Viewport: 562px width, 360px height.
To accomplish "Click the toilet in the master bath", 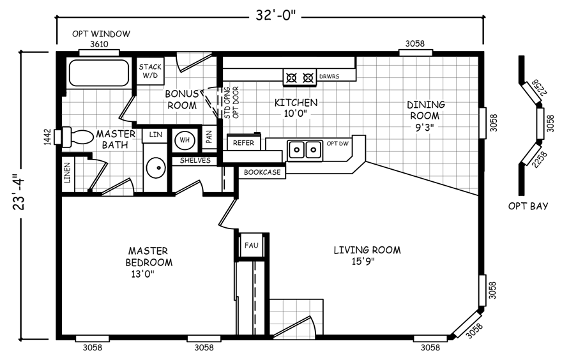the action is (77, 137).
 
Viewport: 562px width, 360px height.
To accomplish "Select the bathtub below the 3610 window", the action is (99, 73).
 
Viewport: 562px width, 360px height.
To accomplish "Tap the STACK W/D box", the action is (150, 71).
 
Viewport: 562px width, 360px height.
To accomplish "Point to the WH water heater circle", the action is (185, 140).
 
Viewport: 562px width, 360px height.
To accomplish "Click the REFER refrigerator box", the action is (244, 142).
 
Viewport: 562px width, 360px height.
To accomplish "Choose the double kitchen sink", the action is (304, 150).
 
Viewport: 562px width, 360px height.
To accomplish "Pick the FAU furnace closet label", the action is (251, 245).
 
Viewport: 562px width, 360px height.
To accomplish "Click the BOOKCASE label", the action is (262, 172).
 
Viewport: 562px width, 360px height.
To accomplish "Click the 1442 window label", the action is (47, 137).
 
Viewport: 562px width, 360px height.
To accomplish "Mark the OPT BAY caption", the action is (528, 206).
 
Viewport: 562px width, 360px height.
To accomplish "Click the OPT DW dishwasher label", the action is (337, 144).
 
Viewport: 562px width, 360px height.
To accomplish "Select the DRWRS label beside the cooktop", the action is (329, 77).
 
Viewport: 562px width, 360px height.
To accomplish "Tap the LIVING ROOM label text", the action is (367, 250).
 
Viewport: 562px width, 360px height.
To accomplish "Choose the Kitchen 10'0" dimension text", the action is (296, 114).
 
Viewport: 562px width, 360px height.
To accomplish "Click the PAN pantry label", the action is (209, 136).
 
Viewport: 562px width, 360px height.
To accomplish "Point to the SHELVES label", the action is (195, 160).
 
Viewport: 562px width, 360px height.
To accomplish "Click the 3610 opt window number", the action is (99, 44).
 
